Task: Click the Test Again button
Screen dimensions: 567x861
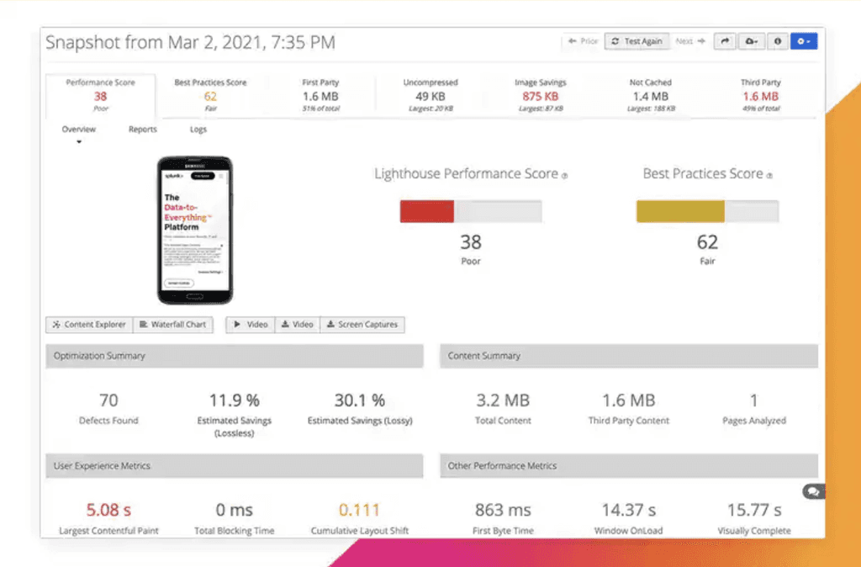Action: tap(637, 41)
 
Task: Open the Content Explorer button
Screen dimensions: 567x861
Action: tap(89, 325)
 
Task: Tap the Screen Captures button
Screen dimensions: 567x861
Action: tap(362, 325)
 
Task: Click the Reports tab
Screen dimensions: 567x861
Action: tap(142, 130)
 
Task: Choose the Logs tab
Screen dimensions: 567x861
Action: tap(198, 130)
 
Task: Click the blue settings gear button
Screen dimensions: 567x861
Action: tap(803, 41)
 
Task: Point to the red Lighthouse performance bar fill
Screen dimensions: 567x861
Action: tap(426, 211)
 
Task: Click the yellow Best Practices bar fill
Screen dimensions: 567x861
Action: tap(680, 211)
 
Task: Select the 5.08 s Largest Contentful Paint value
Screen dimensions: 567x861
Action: tap(108, 510)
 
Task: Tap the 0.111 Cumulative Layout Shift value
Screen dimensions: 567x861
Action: tap(359, 510)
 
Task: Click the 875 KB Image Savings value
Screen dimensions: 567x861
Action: tap(540, 97)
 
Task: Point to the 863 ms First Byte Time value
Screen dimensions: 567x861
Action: tap(502, 510)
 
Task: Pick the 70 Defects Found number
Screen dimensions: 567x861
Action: tap(108, 400)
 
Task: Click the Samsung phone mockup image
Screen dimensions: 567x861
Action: tap(195, 230)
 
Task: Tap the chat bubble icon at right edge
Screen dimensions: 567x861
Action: tap(813, 491)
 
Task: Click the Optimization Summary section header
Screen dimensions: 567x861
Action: tap(234, 356)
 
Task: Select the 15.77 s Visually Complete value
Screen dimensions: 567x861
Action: tap(754, 510)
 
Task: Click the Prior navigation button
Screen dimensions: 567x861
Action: tap(583, 41)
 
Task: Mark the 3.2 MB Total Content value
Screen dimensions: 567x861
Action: tap(502, 400)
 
